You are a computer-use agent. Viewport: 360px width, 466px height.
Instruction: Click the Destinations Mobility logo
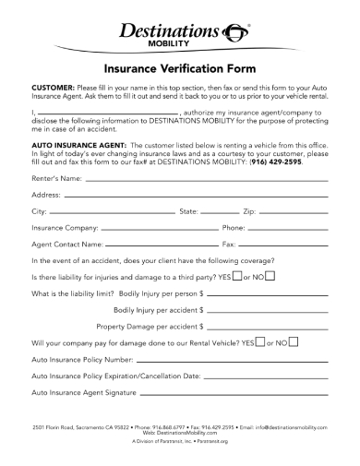tap(179, 36)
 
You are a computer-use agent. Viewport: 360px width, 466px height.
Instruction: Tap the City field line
tap(114, 211)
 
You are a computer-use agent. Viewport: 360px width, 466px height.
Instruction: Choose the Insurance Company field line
tap(157, 227)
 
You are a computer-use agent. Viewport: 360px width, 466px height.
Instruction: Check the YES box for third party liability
tap(237, 276)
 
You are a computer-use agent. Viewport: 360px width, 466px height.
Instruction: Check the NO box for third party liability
tap(270, 276)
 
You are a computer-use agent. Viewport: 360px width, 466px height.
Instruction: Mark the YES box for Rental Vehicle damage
tap(259, 341)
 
